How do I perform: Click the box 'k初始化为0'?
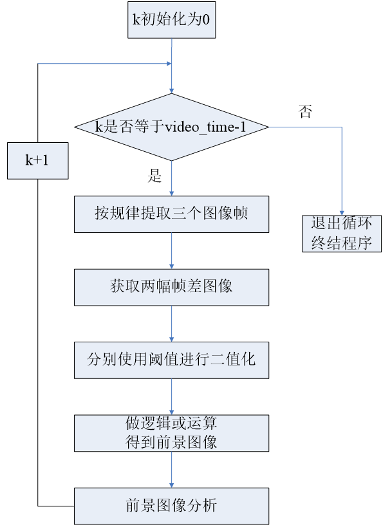click(x=172, y=19)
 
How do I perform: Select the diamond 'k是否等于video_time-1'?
click(x=172, y=127)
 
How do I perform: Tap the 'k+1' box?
click(x=37, y=160)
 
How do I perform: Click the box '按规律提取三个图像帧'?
click(x=171, y=214)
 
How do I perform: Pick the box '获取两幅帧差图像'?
click(x=171, y=286)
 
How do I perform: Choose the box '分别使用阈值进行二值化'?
click(x=171, y=359)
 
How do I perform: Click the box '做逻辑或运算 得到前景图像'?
click(x=171, y=432)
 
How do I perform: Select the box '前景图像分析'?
click(x=171, y=505)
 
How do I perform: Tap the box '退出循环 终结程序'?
click(x=342, y=233)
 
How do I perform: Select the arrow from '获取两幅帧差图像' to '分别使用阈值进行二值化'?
click(x=172, y=323)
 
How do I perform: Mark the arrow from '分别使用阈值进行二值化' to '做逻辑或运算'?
click(x=172, y=396)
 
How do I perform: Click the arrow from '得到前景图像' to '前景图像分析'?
click(x=172, y=470)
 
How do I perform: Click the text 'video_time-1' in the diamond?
click(x=206, y=127)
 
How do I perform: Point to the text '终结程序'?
click(x=342, y=243)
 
